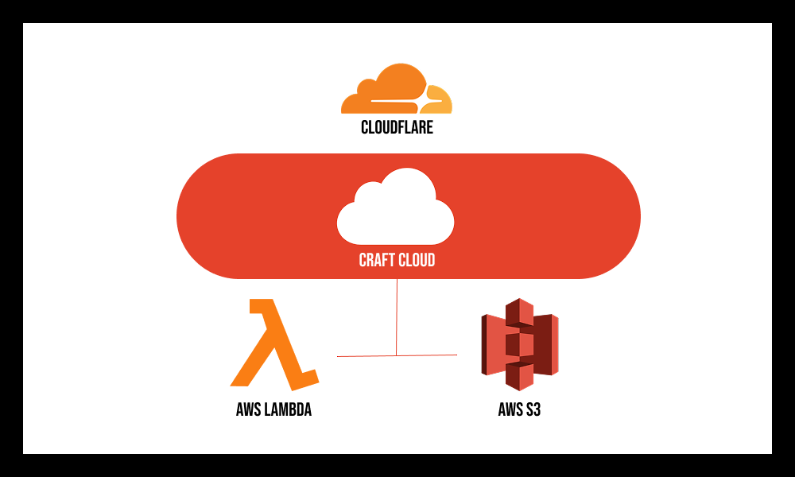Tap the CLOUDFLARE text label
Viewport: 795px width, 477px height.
coord(397,127)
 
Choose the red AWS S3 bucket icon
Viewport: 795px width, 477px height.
coord(519,344)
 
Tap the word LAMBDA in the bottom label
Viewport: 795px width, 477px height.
coord(288,411)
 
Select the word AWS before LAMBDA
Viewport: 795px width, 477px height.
coord(249,411)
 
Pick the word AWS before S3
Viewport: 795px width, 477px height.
coord(510,411)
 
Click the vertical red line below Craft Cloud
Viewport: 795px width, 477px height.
coord(396,314)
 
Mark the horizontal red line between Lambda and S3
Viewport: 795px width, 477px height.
coord(366,355)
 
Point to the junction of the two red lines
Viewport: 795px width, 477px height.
coord(396,355)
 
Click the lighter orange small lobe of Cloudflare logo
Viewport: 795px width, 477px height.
coord(440,99)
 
